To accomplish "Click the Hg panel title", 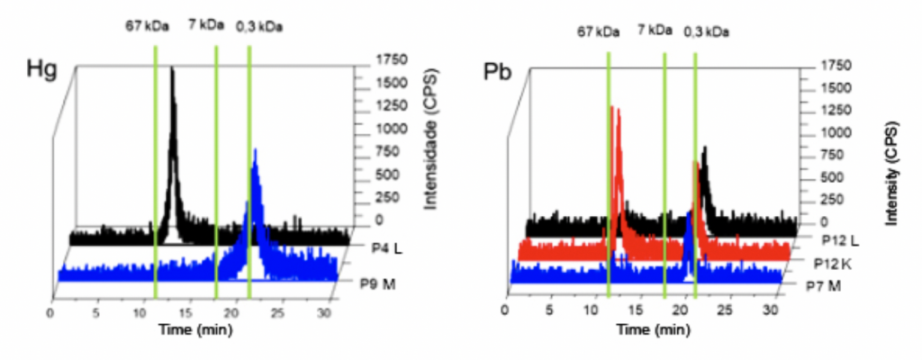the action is coord(41,70).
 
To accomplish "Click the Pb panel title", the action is coord(498,73).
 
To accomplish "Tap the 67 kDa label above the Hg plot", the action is coord(147,26).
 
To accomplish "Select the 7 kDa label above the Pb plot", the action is coord(655,29).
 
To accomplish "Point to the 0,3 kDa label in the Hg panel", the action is coord(258,27).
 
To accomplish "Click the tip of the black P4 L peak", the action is coord(172,68).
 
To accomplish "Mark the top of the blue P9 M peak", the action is coord(255,150).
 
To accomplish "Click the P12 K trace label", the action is coord(829,265).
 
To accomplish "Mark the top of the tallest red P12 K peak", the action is coord(612,107).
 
